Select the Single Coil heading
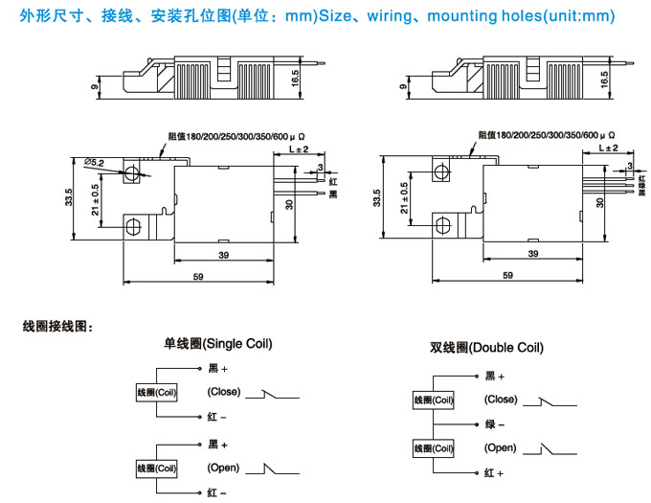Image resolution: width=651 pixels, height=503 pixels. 218,343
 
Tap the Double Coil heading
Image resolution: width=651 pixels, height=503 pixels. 486,348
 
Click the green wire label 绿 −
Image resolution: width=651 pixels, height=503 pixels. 495,423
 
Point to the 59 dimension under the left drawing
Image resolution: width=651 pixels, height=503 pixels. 198,276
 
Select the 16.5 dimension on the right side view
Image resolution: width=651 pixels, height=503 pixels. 604,80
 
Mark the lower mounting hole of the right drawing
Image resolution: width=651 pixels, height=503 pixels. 443,226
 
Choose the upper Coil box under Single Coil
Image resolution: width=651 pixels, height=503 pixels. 157,393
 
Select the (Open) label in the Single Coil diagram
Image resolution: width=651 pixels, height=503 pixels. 223,469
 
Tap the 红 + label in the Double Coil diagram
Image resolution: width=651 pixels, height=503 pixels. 494,473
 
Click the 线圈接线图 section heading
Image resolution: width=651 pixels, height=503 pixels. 57,327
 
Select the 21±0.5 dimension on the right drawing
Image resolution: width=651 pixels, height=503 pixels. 405,197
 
